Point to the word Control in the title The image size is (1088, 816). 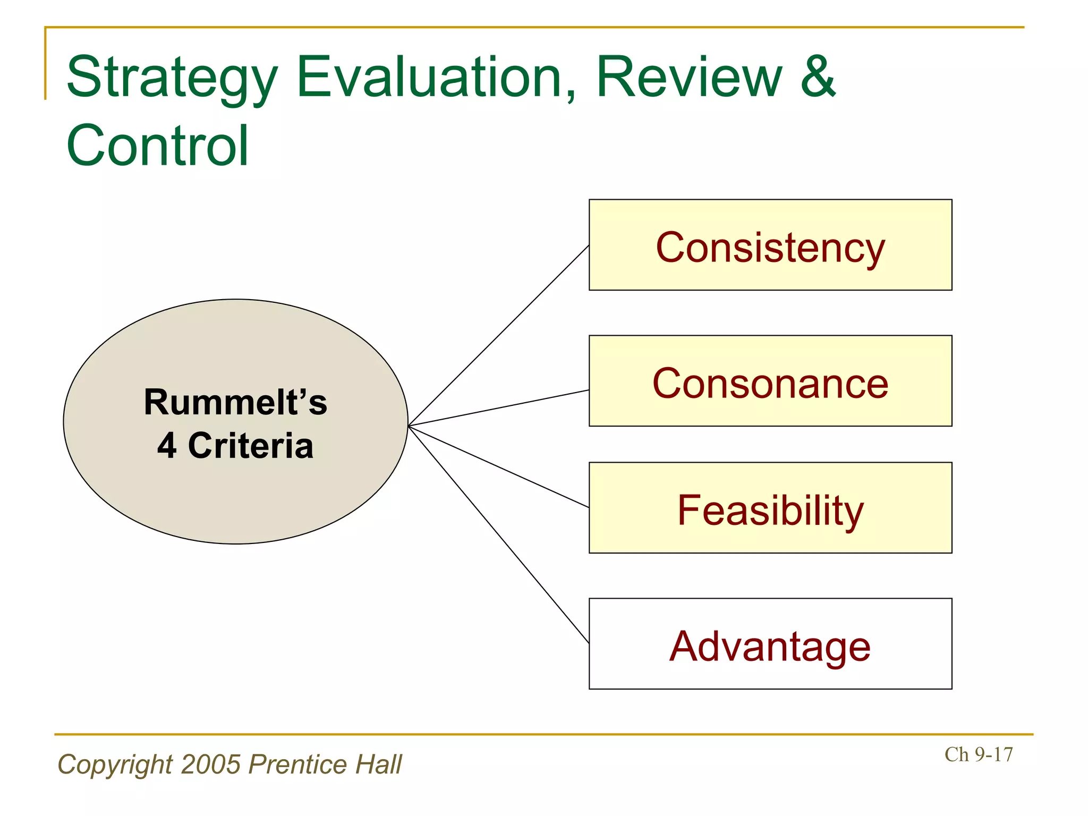157,146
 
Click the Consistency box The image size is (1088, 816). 770,245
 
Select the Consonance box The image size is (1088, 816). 770,381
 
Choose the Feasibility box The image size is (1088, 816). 770,508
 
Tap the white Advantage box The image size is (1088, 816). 770,644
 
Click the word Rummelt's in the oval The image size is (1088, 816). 235,402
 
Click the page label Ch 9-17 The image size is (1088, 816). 979,754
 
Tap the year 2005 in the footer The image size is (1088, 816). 211,764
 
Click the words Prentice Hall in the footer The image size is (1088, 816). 325,764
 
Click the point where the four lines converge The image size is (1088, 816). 409,426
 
